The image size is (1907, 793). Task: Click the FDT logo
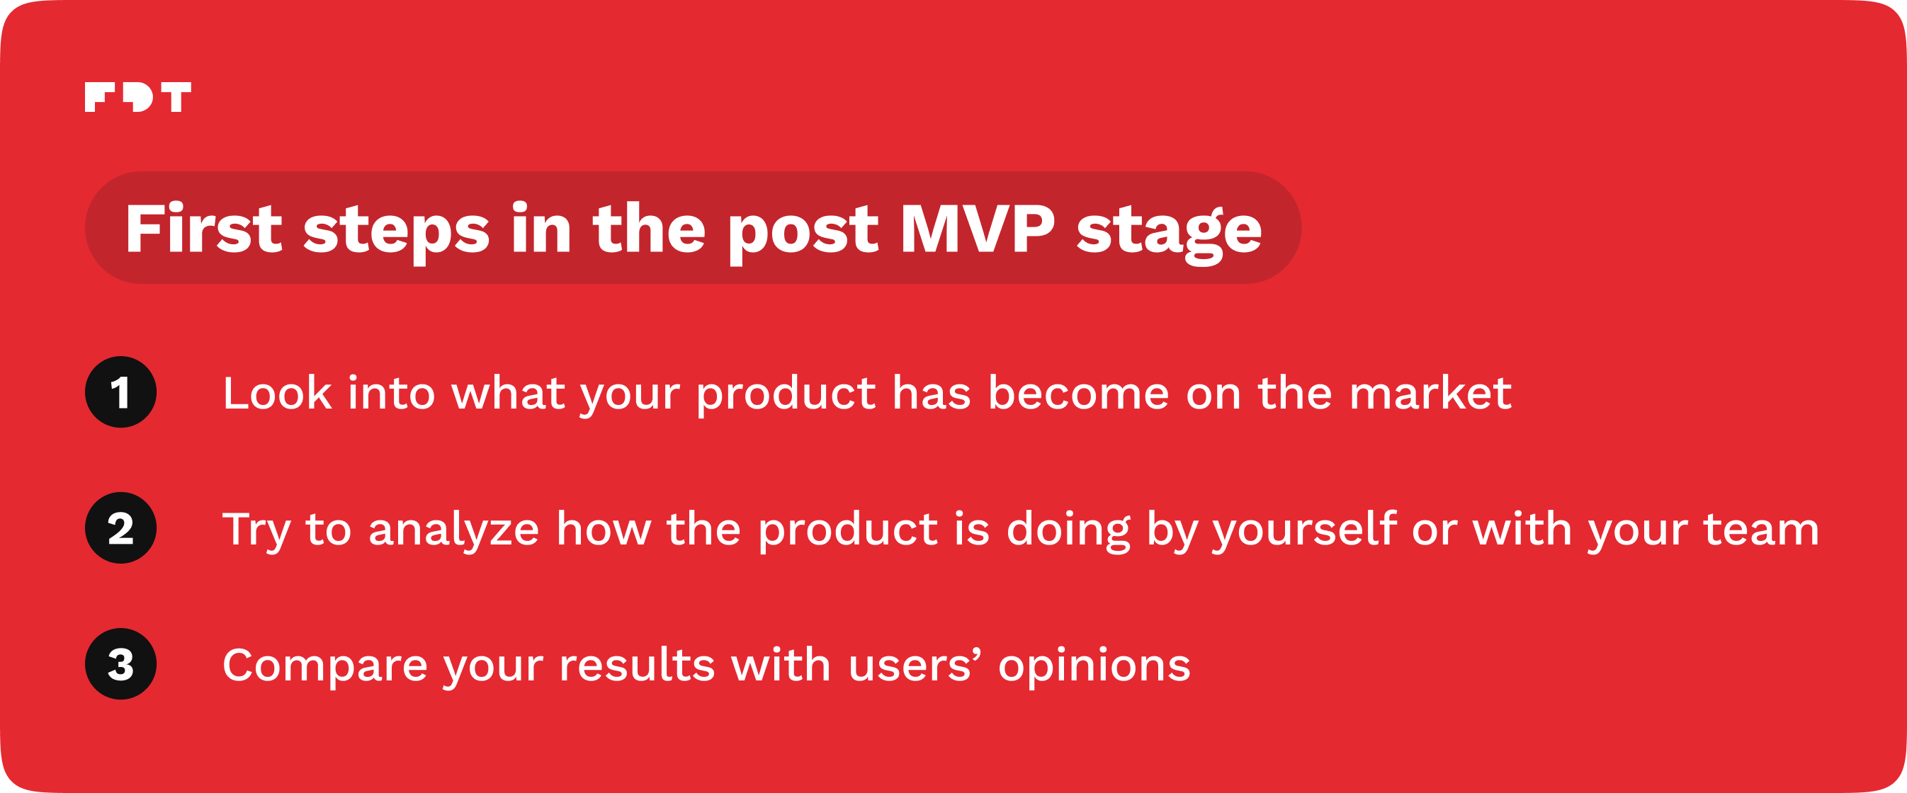[137, 97]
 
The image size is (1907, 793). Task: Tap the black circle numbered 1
[120, 392]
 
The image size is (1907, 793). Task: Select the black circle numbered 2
[120, 528]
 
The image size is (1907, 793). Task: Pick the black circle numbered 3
[120, 664]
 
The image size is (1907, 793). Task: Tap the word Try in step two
[256, 531]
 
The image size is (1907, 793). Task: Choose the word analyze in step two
[454, 531]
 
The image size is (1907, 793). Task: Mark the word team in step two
[1761, 530]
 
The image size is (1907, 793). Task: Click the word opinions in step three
[1094, 667]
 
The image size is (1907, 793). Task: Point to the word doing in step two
[1068, 531]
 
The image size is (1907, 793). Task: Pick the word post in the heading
[804, 234]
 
